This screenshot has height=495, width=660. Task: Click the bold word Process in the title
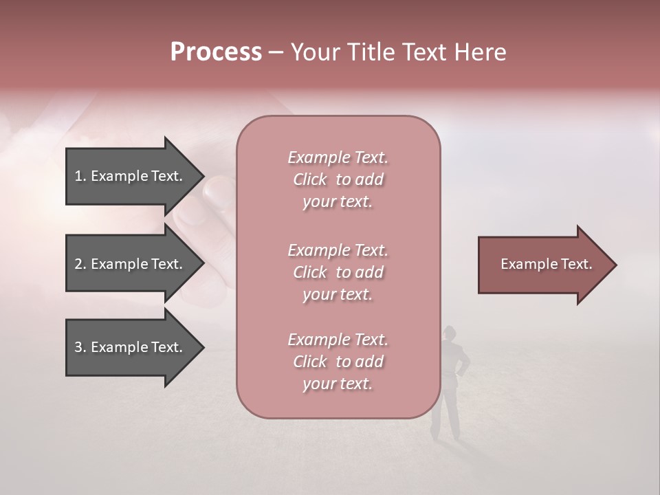216,52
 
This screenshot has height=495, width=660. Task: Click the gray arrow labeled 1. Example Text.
131,176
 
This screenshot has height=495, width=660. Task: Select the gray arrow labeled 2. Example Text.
131,264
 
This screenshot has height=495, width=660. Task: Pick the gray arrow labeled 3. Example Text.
131,347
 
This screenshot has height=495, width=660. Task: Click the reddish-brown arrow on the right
543,264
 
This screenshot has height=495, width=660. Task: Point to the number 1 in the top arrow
78,176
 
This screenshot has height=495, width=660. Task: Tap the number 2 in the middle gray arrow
79,264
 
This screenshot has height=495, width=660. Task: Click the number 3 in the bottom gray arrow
79,347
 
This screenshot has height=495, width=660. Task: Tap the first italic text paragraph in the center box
338,179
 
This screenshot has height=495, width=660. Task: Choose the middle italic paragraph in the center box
338,272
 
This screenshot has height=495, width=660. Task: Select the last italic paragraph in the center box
338,362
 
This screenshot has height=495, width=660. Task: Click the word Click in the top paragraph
309,179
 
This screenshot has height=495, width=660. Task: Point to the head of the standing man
449,333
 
